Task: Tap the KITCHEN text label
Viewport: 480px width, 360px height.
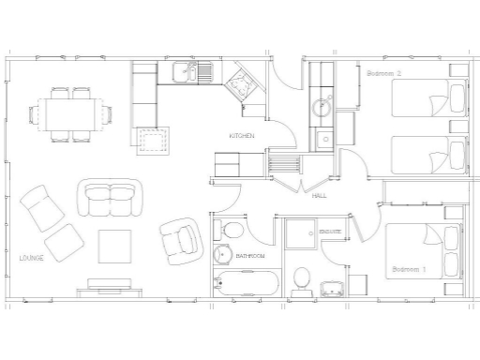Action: (242, 137)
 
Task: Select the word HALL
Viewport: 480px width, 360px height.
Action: (319, 195)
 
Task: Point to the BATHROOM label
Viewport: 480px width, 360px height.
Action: (250, 256)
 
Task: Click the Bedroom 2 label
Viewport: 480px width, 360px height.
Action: (383, 72)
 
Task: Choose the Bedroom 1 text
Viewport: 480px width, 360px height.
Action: (409, 269)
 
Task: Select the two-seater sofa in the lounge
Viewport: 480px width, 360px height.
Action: (112, 199)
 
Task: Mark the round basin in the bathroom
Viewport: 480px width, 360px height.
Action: (223, 254)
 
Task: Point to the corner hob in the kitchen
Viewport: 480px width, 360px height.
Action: (242, 83)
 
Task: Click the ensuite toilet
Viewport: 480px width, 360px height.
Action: (302, 279)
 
